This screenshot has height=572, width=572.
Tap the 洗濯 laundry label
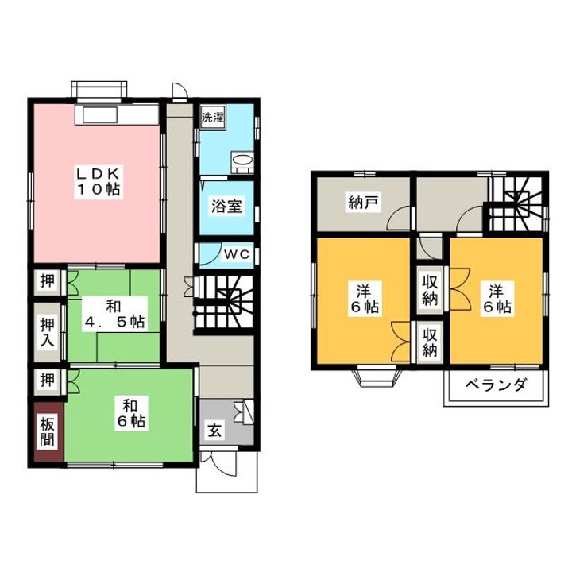[x=212, y=118]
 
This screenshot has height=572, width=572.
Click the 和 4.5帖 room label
[x=114, y=314]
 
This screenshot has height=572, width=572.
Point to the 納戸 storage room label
[x=361, y=203]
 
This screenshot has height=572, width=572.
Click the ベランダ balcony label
[x=496, y=388]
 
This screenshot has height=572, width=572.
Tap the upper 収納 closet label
[x=430, y=290]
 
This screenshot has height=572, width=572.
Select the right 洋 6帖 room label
[x=497, y=300]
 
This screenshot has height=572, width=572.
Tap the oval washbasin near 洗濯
[x=242, y=161]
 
